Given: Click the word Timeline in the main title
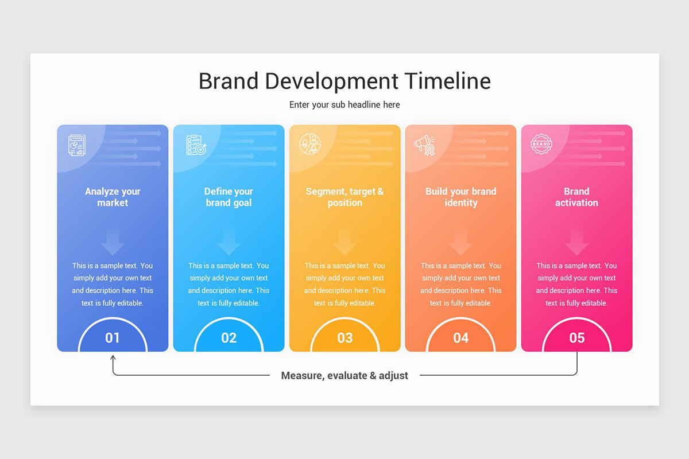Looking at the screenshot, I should pos(447,81).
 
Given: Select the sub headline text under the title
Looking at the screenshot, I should pos(344,104).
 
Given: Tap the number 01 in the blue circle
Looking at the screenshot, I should pos(113,338).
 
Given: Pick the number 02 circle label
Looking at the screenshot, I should pos(229,338).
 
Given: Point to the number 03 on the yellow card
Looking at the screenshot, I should pos(344,338).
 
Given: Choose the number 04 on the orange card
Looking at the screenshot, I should pos(461,338).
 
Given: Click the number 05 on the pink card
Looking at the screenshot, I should pos(576,338).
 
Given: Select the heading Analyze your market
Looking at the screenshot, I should pos(113,197).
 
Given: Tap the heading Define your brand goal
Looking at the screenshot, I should pos(229,197).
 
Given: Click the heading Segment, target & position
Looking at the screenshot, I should pos(344,197).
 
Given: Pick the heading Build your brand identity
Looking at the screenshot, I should pos(461,197).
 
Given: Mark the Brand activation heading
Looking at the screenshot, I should pos(576,197).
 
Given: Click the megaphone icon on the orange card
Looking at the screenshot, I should pos(425,145).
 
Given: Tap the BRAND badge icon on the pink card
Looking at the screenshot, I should pos(541,145).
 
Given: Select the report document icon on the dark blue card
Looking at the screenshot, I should pos(77,145).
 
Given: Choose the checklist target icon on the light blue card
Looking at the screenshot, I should pos(196,145).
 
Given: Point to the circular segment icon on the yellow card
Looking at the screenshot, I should pos(310,145).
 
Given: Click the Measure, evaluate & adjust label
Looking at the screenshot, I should pos(344,376).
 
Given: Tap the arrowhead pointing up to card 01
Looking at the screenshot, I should pos(113,357).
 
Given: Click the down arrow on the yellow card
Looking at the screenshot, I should pos(344,242).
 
